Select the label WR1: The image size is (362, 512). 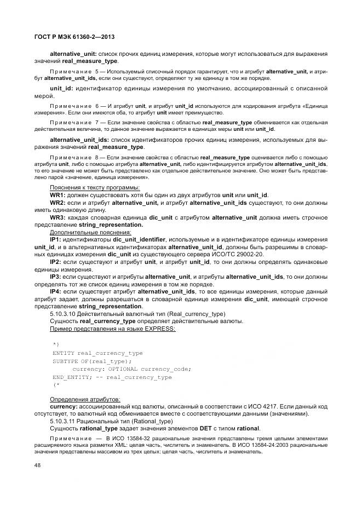coord(58,195)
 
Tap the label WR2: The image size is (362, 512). coord(58,203)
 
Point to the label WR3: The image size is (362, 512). coord(58,217)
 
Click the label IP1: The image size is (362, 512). coord(56,240)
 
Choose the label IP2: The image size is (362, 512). coord(56,262)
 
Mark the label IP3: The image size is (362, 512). coord(56,277)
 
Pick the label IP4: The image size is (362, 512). coord(56,292)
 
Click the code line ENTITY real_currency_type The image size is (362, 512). coord(97,353)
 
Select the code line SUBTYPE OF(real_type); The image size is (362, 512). coord(92,361)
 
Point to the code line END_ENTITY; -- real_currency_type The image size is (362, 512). coord(112,377)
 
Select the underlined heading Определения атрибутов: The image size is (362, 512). coord(85,399)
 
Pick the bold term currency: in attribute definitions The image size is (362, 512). coord(64,406)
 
